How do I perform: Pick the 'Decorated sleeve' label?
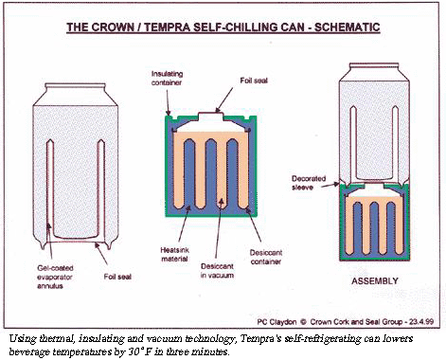(309, 182)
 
